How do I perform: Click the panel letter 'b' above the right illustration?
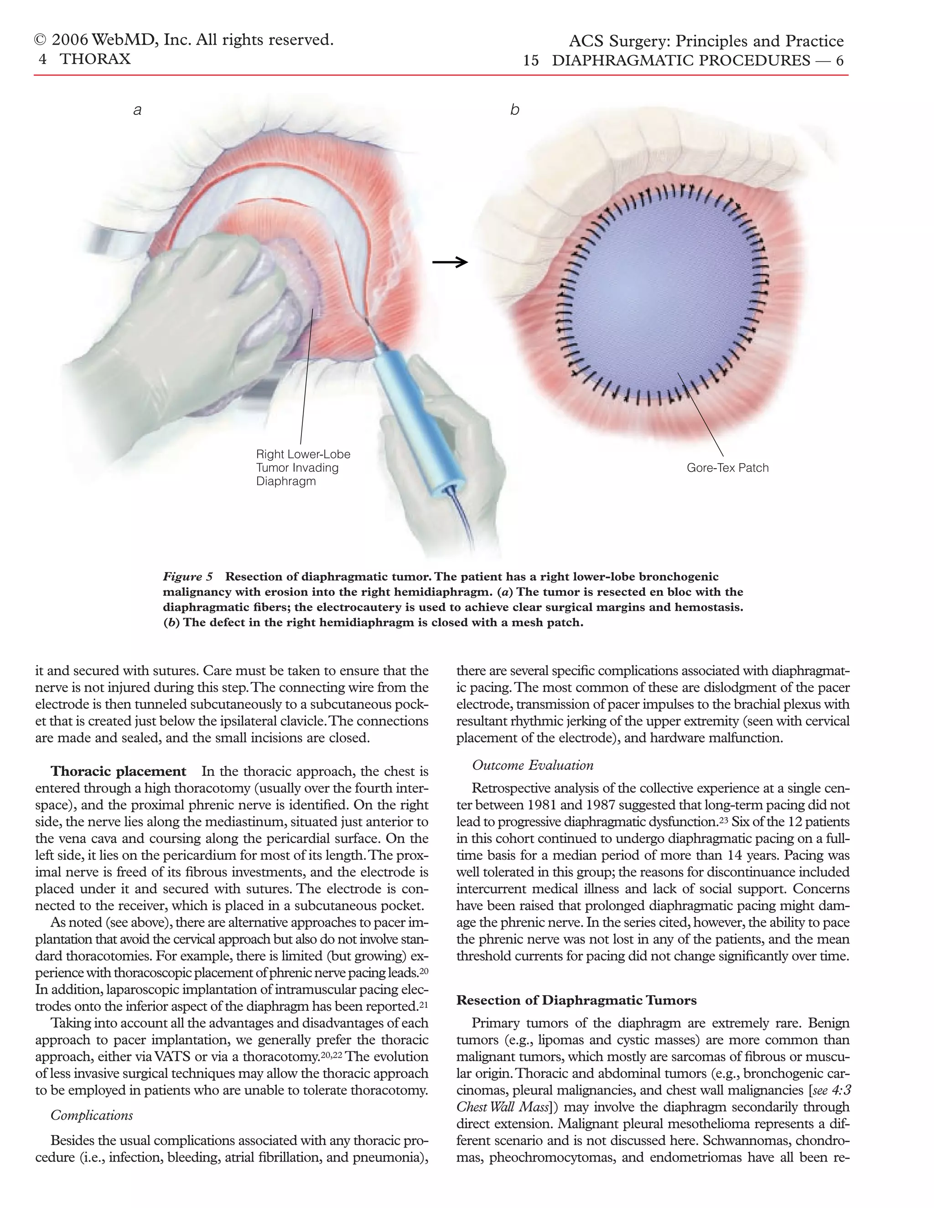point(514,110)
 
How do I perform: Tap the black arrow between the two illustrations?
point(450,262)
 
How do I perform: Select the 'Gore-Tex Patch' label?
point(727,468)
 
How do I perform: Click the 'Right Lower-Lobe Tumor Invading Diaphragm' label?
point(303,468)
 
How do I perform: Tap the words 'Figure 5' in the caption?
point(187,577)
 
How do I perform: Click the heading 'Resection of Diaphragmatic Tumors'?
point(576,1001)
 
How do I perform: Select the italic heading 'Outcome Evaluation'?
point(532,765)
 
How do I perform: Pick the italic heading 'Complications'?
point(92,1115)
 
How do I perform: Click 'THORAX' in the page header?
point(95,59)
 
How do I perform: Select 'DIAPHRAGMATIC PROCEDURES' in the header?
point(680,61)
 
